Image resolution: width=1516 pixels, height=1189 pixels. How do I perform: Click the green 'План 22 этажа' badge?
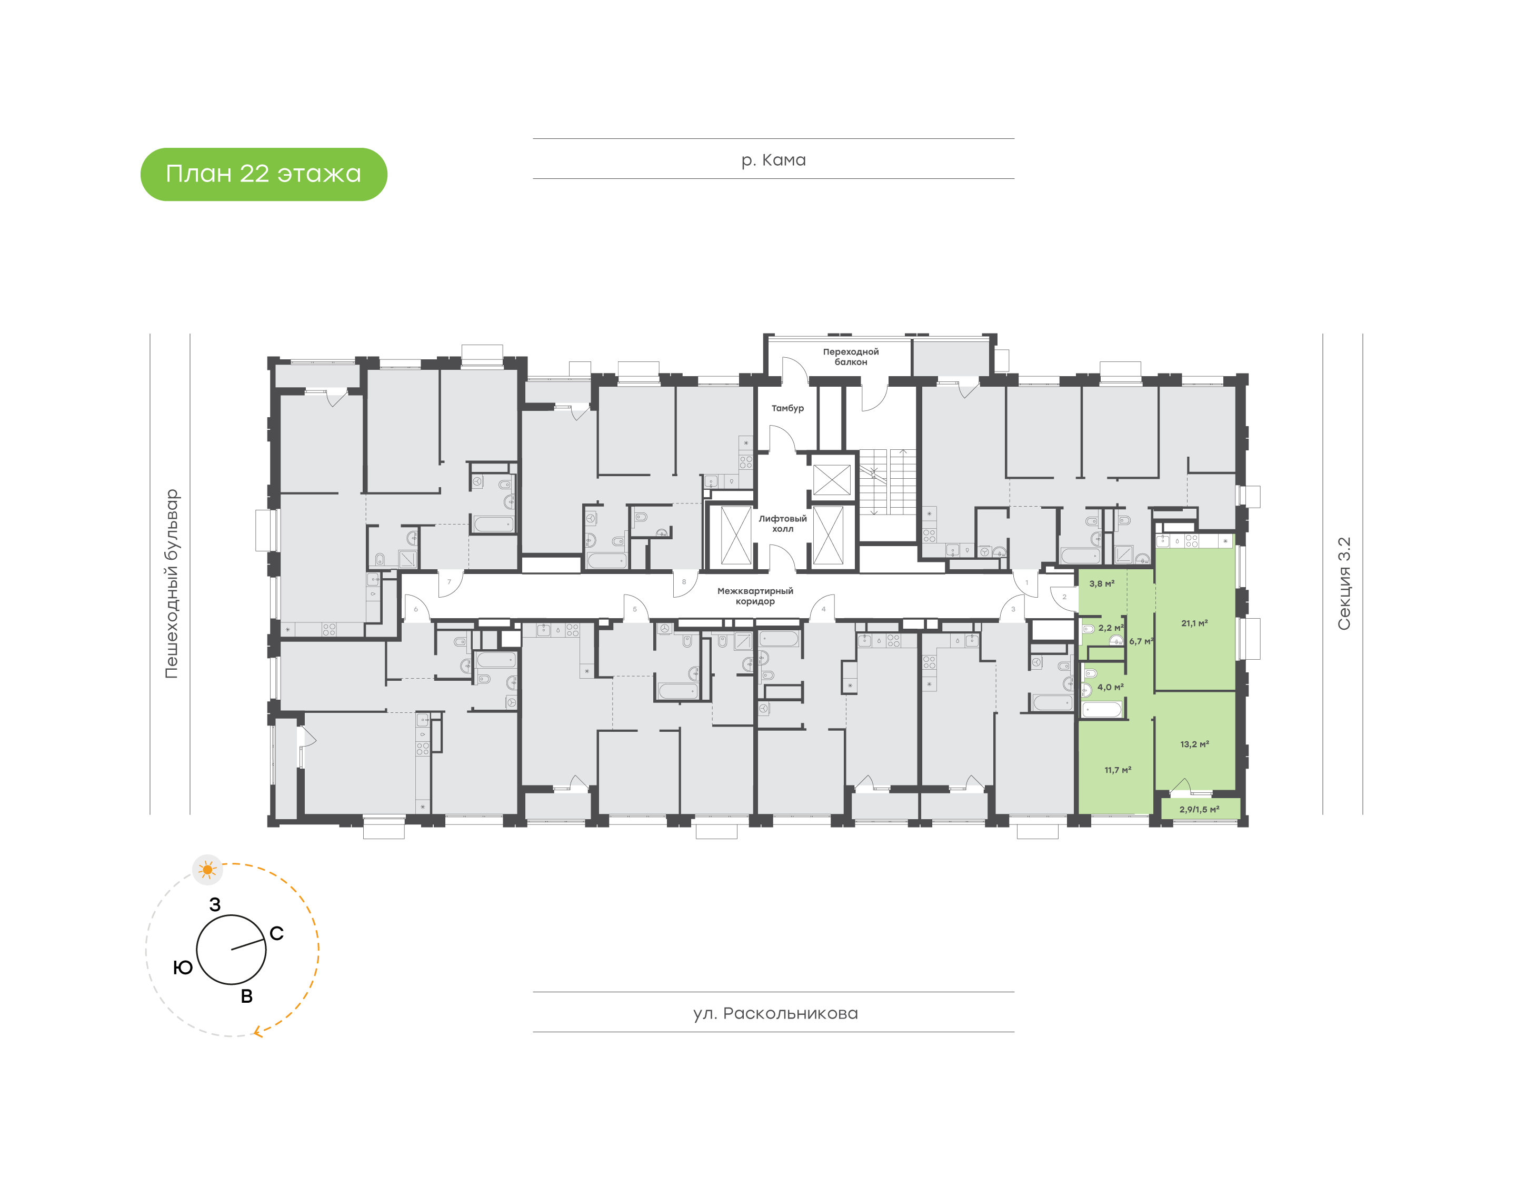(263, 174)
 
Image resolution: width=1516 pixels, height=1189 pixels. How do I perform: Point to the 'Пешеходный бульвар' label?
(171, 583)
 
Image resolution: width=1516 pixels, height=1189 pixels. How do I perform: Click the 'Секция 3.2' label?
(1343, 583)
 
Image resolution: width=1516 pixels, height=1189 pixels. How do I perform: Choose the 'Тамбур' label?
(787, 408)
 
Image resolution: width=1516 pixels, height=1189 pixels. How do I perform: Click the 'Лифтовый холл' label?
(782, 523)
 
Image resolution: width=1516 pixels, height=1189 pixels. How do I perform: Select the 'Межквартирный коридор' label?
(755, 596)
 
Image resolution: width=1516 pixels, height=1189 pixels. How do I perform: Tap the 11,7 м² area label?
(1117, 770)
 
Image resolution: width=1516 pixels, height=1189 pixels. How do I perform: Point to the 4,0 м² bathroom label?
(1110, 687)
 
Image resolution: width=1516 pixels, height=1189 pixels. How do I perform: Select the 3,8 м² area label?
(1102, 584)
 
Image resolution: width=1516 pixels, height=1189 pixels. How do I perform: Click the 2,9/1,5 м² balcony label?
(1199, 810)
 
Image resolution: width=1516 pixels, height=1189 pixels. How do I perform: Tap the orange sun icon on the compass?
(207, 870)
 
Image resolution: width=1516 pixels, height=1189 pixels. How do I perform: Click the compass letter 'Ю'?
(183, 968)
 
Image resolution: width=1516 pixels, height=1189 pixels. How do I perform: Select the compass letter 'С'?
(276, 933)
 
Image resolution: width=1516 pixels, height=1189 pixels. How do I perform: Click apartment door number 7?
(449, 582)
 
